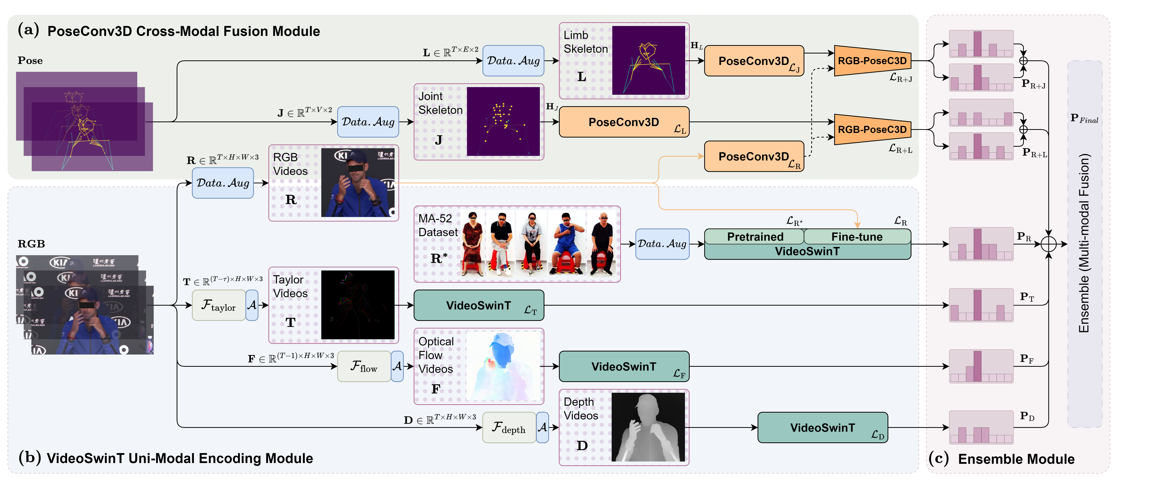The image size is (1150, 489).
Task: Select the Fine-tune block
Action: tap(857, 236)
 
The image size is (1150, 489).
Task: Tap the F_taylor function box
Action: tap(218, 305)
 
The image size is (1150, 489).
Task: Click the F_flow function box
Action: tap(364, 366)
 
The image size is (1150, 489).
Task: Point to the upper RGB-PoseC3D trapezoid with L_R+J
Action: tap(872, 61)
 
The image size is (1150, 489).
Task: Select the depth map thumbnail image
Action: tap(648, 427)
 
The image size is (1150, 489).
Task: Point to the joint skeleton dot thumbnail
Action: tap(503, 121)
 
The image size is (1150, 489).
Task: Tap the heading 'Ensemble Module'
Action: tap(1016, 459)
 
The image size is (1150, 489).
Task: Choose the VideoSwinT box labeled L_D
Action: tap(822, 427)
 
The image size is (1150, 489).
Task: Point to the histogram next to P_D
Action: tap(981, 427)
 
